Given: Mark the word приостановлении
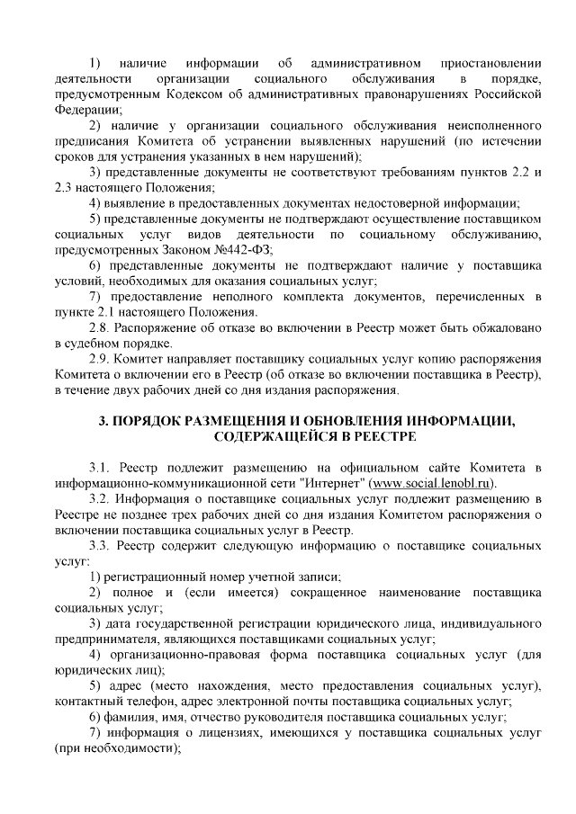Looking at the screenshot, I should pos(490,62).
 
